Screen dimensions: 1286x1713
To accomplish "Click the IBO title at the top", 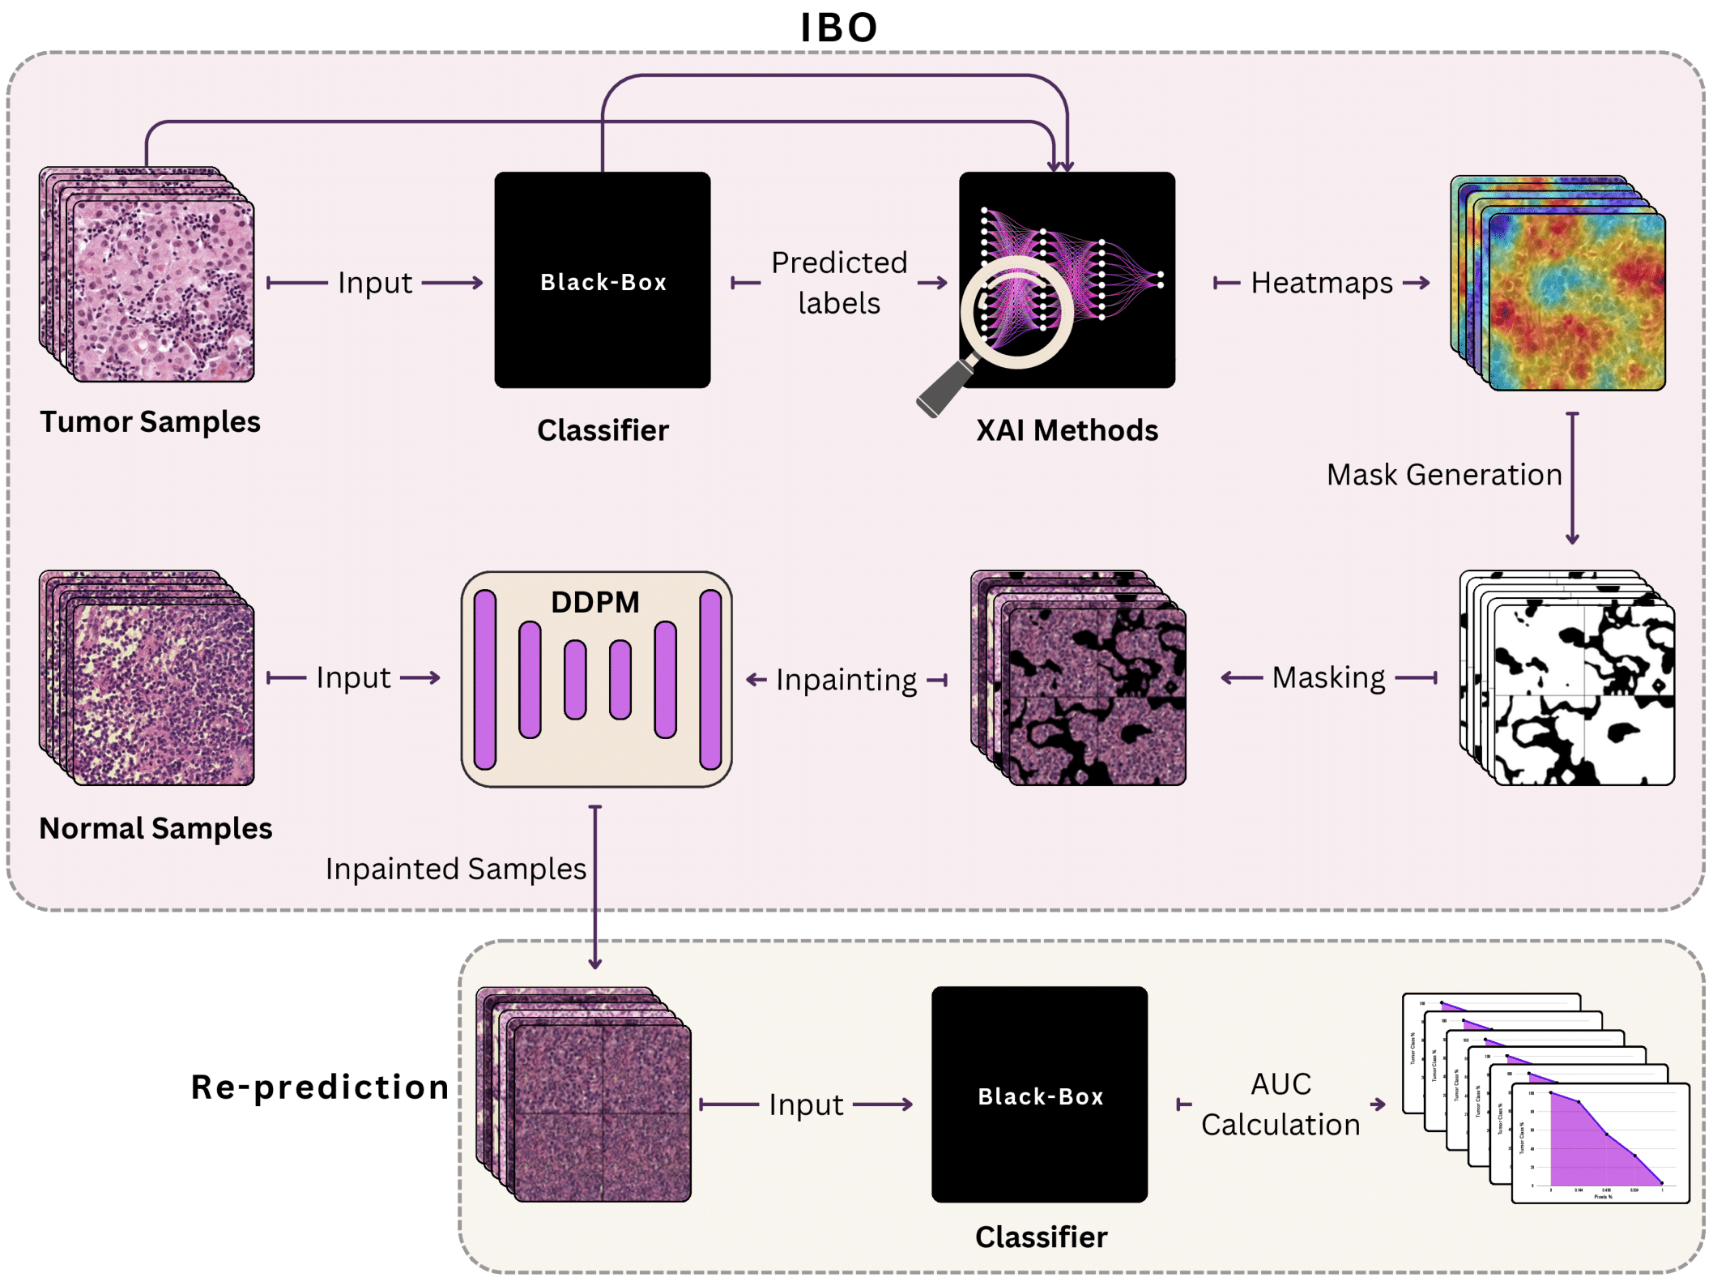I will (839, 28).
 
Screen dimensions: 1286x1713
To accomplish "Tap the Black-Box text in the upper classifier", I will (603, 282).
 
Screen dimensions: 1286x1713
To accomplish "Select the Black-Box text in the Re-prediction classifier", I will (1041, 1096).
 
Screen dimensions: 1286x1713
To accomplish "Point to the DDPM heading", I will (595, 602).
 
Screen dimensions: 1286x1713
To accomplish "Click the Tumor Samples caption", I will (150, 421).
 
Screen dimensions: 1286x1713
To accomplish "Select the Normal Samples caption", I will (156, 828).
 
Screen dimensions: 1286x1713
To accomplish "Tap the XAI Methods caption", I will (1067, 430).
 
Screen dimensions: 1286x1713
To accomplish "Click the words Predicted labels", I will (839, 282).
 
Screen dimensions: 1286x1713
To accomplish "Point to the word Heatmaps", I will (1322, 282).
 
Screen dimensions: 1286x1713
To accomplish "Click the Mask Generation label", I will (1444, 475).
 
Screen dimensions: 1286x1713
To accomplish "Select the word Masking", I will (1328, 677).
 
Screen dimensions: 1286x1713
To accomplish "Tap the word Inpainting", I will (846, 680).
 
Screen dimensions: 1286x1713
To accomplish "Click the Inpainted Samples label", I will (455, 869).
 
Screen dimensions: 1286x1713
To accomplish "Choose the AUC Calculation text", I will (1280, 1104).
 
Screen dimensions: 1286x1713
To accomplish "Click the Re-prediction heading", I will (320, 1087).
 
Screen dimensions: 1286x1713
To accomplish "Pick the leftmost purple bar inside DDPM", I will (485, 679).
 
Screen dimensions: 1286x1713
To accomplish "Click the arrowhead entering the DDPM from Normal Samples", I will (436, 677).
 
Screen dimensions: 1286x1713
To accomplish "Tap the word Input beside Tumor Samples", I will (375, 283).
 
